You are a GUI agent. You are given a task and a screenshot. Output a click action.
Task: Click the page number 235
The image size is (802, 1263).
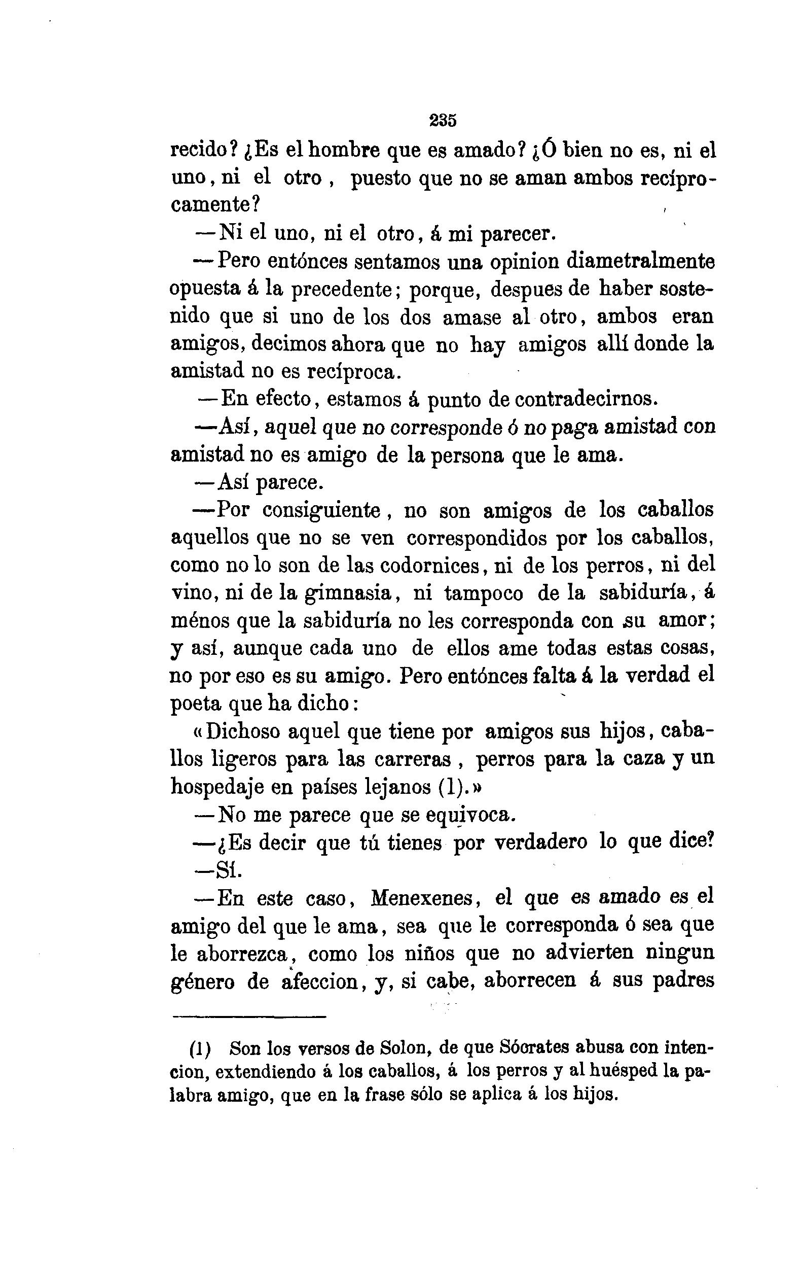point(443,121)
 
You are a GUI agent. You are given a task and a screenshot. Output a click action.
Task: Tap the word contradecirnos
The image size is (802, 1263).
point(586,400)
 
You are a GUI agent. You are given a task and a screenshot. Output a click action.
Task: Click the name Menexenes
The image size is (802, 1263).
point(422,899)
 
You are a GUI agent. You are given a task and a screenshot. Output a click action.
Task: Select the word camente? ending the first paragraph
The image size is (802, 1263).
point(215,204)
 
